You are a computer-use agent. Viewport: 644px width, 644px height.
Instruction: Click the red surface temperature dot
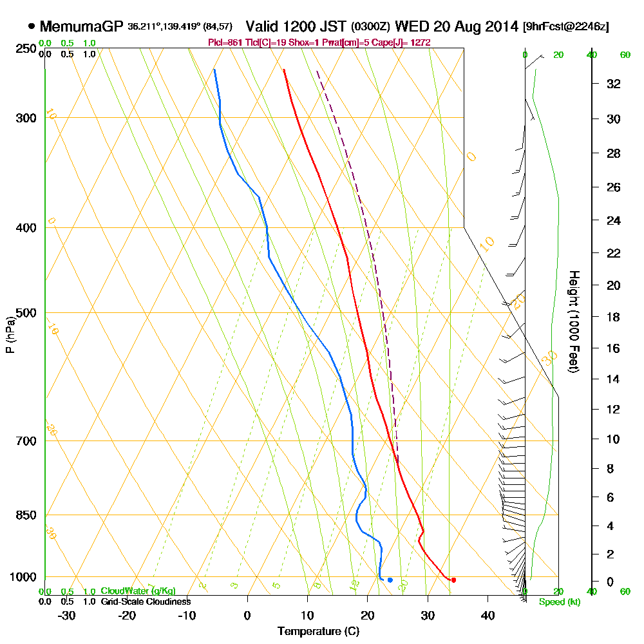pos(453,580)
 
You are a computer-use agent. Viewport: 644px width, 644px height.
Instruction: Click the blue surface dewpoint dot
pos(390,580)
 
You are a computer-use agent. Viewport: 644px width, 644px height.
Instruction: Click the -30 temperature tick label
pos(67,615)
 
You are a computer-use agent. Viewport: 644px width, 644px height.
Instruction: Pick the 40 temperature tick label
pos(488,615)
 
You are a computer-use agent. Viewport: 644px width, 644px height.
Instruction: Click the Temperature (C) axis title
pos(318,632)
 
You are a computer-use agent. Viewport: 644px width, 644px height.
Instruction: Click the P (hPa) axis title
pos(10,335)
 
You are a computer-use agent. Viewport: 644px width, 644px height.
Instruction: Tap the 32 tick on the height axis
pos(614,84)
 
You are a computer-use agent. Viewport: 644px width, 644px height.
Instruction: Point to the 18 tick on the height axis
pos(614,317)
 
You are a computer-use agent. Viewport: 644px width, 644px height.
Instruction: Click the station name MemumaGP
pos(81,26)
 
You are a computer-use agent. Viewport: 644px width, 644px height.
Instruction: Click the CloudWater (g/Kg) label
pos(138,591)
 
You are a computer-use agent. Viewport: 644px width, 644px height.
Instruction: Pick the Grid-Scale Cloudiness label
pos(145,601)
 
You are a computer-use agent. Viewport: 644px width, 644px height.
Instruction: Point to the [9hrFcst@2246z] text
pos(566,26)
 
